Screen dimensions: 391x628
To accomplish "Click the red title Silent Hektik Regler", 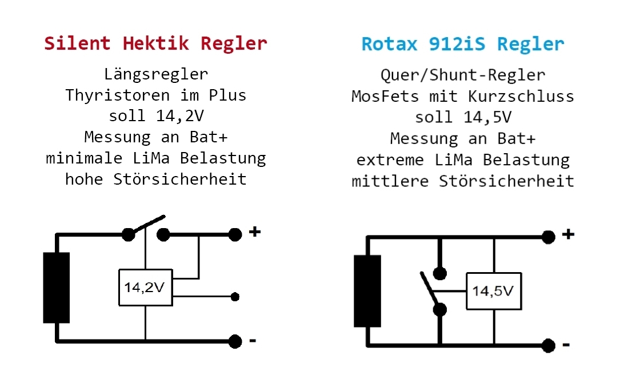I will point(155,43).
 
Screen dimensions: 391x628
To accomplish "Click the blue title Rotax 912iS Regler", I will point(463,44).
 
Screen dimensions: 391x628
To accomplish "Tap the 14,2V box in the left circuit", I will point(145,287).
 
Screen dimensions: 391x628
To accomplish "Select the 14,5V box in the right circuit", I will point(494,292).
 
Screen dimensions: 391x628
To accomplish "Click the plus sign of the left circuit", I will point(255,232).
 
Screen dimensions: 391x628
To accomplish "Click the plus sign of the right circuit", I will point(568,234).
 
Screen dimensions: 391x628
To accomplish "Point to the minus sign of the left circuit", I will point(253,341).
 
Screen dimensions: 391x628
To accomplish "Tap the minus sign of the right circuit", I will point(566,345).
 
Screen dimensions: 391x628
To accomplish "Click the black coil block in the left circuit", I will point(56,288).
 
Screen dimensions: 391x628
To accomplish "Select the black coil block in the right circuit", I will point(367,291).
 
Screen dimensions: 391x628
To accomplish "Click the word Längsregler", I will point(155,74).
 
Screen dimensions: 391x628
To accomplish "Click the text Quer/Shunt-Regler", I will point(463,75).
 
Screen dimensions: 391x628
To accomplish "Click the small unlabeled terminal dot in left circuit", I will point(234,297).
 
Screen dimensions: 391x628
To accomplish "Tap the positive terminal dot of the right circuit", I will point(549,237).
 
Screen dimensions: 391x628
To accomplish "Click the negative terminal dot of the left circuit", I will point(235,342).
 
